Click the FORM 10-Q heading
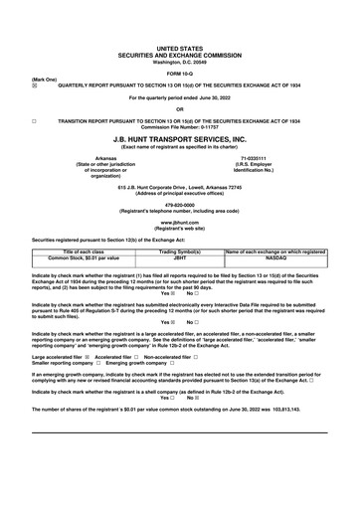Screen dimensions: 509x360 (179, 74)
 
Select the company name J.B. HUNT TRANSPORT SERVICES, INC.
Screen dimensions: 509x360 (180, 140)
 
